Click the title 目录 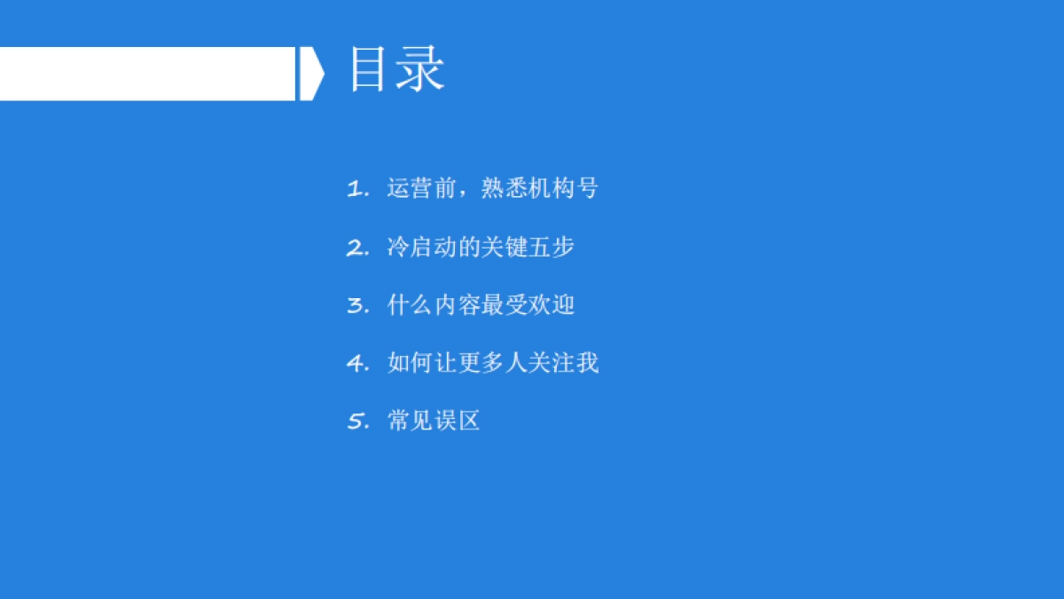pyautogui.click(x=396, y=69)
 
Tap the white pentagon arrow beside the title pyautogui.click(x=310, y=74)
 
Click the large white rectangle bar pyautogui.click(x=147, y=74)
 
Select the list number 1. pyautogui.click(x=357, y=189)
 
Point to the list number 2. pyautogui.click(x=357, y=248)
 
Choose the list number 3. pyautogui.click(x=357, y=306)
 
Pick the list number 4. pyautogui.click(x=357, y=364)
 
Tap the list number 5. pyautogui.click(x=357, y=422)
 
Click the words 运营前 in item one pyautogui.click(x=421, y=188)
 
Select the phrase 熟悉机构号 pyautogui.click(x=540, y=188)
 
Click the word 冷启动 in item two pyautogui.click(x=421, y=247)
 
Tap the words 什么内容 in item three pyautogui.click(x=434, y=305)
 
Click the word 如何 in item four pyautogui.click(x=410, y=363)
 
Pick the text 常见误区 pyautogui.click(x=434, y=421)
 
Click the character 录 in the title pyautogui.click(x=420, y=69)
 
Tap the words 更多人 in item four pyautogui.click(x=492, y=363)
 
